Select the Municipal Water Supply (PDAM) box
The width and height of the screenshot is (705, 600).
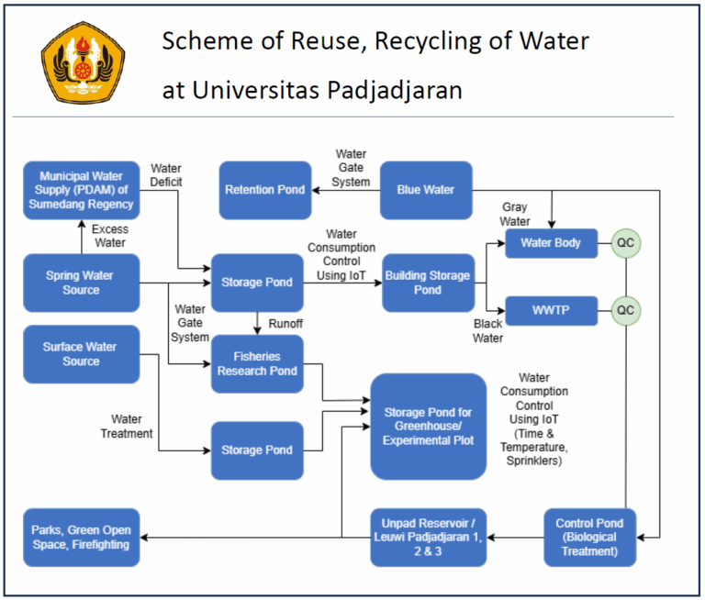[x=81, y=190]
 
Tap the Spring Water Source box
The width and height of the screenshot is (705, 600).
[x=81, y=283]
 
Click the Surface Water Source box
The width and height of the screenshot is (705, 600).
[x=81, y=354]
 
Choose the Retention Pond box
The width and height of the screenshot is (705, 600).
[x=265, y=190]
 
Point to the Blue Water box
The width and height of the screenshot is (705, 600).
[x=426, y=190]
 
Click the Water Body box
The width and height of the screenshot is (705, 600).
[x=551, y=244]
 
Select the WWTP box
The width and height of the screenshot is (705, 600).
[x=551, y=311]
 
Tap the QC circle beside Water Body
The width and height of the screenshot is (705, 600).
[x=625, y=244]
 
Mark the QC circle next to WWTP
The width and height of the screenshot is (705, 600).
[x=625, y=311]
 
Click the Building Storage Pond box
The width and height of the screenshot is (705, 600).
[x=427, y=283]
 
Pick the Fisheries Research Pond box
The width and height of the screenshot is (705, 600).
[x=257, y=363]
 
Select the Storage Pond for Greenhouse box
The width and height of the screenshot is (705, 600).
[x=428, y=427]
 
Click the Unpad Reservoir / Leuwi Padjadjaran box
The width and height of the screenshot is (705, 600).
[x=428, y=537]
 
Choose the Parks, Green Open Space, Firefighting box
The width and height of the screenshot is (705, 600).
[x=81, y=537]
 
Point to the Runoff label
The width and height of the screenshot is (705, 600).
[x=286, y=324]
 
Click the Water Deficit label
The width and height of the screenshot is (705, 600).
[x=166, y=175]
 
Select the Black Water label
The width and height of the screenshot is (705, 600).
[x=487, y=331]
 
